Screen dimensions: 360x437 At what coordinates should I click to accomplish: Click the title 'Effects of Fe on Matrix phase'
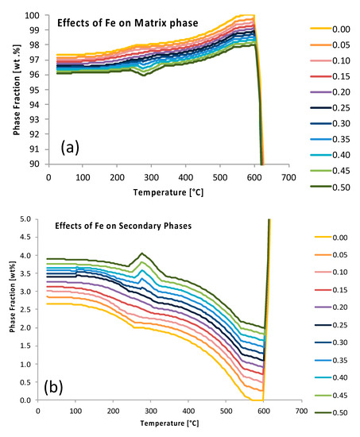pyautogui.click(x=128, y=23)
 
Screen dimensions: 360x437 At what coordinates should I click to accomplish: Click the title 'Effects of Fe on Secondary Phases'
pyautogui.click(x=123, y=226)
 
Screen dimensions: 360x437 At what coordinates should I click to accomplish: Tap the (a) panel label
pyautogui.click(x=70, y=148)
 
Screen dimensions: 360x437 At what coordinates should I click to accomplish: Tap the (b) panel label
pyautogui.click(x=53, y=388)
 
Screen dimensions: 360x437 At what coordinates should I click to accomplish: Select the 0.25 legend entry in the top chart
pyautogui.click(x=330, y=108)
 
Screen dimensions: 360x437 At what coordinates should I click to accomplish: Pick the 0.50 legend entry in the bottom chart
pyautogui.click(x=331, y=412)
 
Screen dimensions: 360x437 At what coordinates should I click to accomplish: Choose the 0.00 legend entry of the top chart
pyautogui.click(x=330, y=29)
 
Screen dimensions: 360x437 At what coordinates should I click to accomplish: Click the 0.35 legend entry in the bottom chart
pyautogui.click(x=331, y=361)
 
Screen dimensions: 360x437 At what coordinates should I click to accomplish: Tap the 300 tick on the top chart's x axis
pyautogui.click(x=151, y=177)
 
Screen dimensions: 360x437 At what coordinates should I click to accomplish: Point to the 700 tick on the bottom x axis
pyautogui.click(x=301, y=411)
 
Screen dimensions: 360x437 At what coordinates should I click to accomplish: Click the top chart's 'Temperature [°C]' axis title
pyautogui.click(x=168, y=192)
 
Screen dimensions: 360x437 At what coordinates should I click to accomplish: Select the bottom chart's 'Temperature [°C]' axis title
pyautogui.click(x=169, y=423)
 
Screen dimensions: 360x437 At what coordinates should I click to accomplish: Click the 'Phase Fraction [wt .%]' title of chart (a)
pyautogui.click(x=17, y=90)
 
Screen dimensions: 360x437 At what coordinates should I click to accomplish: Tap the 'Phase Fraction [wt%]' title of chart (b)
pyautogui.click(x=12, y=297)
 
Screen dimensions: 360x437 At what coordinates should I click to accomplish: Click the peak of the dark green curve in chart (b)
pyautogui.click(x=142, y=253)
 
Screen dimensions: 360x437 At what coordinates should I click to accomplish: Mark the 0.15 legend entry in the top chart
pyautogui.click(x=330, y=76)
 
